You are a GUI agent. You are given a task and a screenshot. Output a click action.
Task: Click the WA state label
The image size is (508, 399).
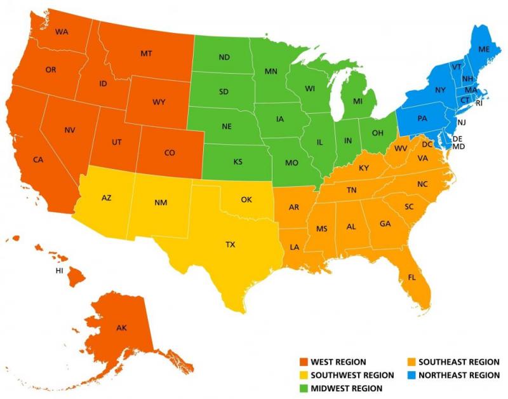tap(62, 32)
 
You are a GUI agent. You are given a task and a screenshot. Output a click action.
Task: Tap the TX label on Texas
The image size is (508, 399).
tap(230, 244)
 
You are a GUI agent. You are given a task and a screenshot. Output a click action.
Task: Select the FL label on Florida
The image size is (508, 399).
tap(412, 277)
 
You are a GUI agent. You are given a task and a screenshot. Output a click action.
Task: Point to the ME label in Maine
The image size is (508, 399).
tap(484, 49)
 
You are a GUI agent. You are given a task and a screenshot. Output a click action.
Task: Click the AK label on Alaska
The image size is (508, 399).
tap(121, 328)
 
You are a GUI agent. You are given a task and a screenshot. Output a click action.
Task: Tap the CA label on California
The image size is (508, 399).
tap(39, 159)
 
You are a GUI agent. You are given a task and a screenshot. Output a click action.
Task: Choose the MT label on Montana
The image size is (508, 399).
tap(146, 55)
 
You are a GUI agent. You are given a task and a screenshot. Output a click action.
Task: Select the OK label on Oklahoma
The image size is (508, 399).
tap(246, 199)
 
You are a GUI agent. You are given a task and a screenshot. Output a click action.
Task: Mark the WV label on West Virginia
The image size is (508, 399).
tap(401, 148)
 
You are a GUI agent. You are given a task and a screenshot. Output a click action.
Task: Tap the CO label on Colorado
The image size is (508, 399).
tap(170, 152)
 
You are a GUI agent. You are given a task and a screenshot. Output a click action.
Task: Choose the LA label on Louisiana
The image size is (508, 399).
tap(295, 247)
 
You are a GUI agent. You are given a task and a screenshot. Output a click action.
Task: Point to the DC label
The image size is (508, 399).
tap(427, 145)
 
